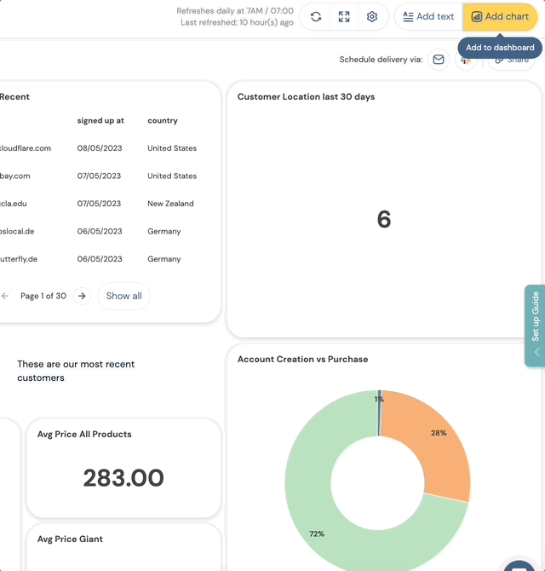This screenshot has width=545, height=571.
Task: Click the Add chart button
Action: click(x=501, y=17)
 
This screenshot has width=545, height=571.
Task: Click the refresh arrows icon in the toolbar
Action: click(x=316, y=17)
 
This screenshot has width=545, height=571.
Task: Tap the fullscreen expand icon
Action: click(x=344, y=17)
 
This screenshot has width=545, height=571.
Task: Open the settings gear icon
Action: click(x=372, y=17)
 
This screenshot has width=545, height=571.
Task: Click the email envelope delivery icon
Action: click(x=439, y=60)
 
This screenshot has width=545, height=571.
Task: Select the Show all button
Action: click(x=123, y=296)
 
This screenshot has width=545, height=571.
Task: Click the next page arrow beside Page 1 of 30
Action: click(x=82, y=296)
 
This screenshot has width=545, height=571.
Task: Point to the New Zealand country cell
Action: click(x=170, y=204)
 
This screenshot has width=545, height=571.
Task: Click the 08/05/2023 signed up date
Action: click(x=100, y=148)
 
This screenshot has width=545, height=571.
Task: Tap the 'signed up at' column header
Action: click(x=100, y=121)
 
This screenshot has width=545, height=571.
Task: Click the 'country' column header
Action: click(x=163, y=121)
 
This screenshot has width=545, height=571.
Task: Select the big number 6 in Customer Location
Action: click(x=384, y=220)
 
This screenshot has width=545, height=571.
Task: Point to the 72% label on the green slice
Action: click(x=317, y=534)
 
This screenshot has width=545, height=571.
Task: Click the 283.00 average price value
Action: click(x=123, y=477)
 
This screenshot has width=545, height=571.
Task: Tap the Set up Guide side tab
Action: click(x=535, y=325)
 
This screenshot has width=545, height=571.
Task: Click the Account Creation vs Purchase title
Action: click(x=302, y=360)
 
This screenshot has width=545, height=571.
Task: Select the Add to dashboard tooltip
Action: click(x=500, y=48)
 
